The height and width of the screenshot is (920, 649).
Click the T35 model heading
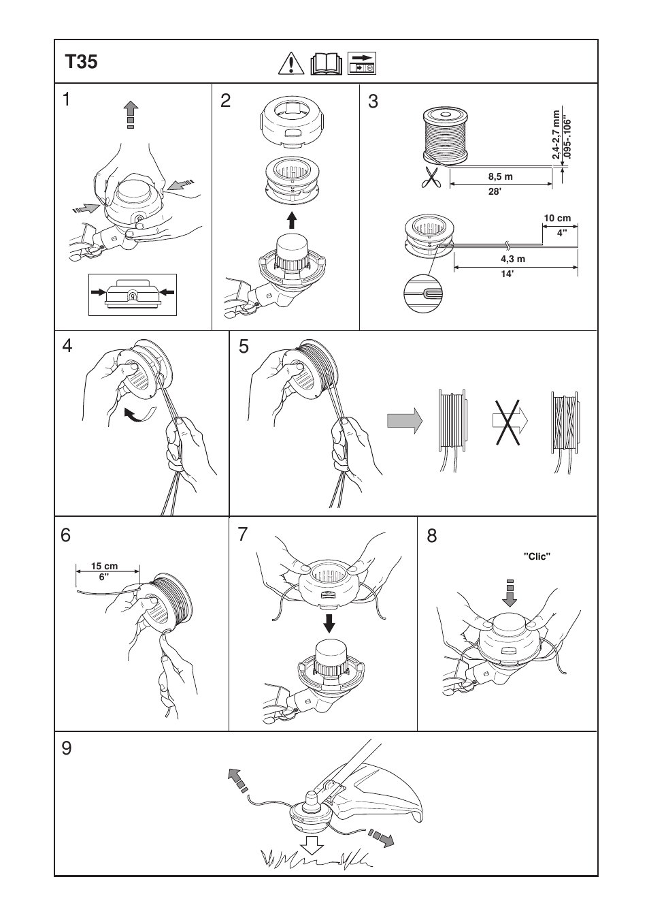click(x=82, y=63)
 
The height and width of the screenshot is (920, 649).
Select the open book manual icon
click(x=327, y=64)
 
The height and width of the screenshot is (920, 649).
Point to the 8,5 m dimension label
click(x=500, y=176)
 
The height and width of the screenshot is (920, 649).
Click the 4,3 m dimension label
click(x=513, y=259)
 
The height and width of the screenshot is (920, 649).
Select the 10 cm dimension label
click(x=557, y=219)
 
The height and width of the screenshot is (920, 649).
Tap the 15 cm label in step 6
click(x=105, y=566)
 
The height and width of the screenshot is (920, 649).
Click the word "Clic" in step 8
click(x=537, y=556)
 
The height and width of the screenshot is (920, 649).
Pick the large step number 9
click(x=66, y=748)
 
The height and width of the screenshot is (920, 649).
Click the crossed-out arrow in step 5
click(x=509, y=422)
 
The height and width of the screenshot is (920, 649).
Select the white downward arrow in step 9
click(x=312, y=844)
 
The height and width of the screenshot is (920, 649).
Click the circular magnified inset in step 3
click(x=424, y=295)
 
